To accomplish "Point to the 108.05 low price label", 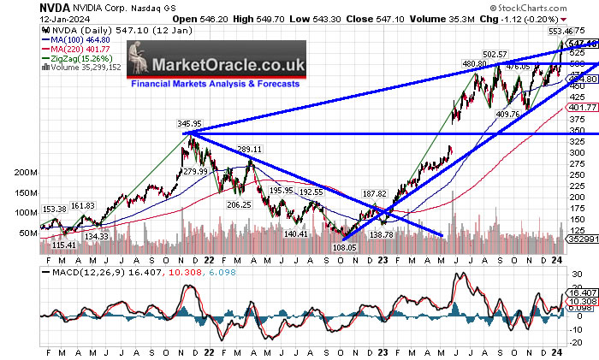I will (x=345, y=246).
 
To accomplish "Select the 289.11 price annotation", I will (x=249, y=149).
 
